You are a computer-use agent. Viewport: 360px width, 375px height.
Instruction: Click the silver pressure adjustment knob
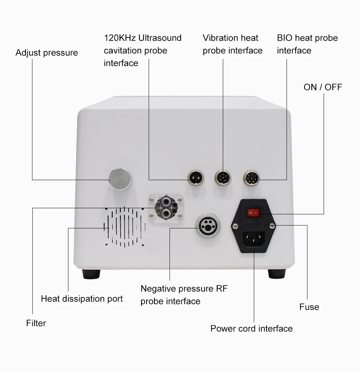click(x=120, y=179)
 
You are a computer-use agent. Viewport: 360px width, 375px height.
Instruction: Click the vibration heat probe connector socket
click(x=223, y=177)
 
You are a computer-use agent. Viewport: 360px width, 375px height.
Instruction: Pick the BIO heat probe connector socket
click(x=252, y=177)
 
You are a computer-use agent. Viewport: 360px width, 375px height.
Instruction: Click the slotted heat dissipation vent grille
click(x=125, y=227)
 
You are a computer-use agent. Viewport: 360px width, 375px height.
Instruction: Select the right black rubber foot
click(x=277, y=274)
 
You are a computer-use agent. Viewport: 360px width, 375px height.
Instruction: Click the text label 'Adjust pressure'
click(x=46, y=53)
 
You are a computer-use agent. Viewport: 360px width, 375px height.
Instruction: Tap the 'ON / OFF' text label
click(x=323, y=87)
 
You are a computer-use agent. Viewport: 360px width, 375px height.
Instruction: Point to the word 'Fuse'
click(x=309, y=307)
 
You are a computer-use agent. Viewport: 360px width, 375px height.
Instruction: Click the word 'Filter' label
click(x=36, y=323)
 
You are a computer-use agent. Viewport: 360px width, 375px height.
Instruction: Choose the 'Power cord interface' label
click(x=251, y=329)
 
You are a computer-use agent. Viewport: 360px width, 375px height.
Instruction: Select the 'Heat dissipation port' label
click(x=82, y=299)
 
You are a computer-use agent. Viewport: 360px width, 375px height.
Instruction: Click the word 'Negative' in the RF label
click(x=158, y=289)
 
